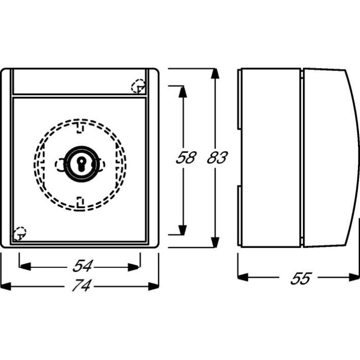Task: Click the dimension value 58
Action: click(186, 157)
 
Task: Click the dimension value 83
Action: click(217, 157)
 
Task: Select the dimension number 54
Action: click(82, 266)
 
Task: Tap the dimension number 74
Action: click(82, 285)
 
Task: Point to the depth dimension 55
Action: click(301, 278)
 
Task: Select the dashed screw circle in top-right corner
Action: click(138, 86)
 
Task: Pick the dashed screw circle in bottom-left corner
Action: click(20, 233)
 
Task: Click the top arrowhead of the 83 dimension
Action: click(215, 74)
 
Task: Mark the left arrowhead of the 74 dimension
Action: click(6, 286)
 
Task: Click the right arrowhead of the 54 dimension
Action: click(133, 267)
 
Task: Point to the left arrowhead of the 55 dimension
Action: click(243, 277)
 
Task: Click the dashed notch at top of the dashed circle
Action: click(79, 128)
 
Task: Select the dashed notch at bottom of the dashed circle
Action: click(80, 202)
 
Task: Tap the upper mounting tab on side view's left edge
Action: click(239, 99)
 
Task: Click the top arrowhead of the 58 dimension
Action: click(183, 92)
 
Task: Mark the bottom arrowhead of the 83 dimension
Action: click(215, 242)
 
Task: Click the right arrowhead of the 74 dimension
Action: click(154, 286)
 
